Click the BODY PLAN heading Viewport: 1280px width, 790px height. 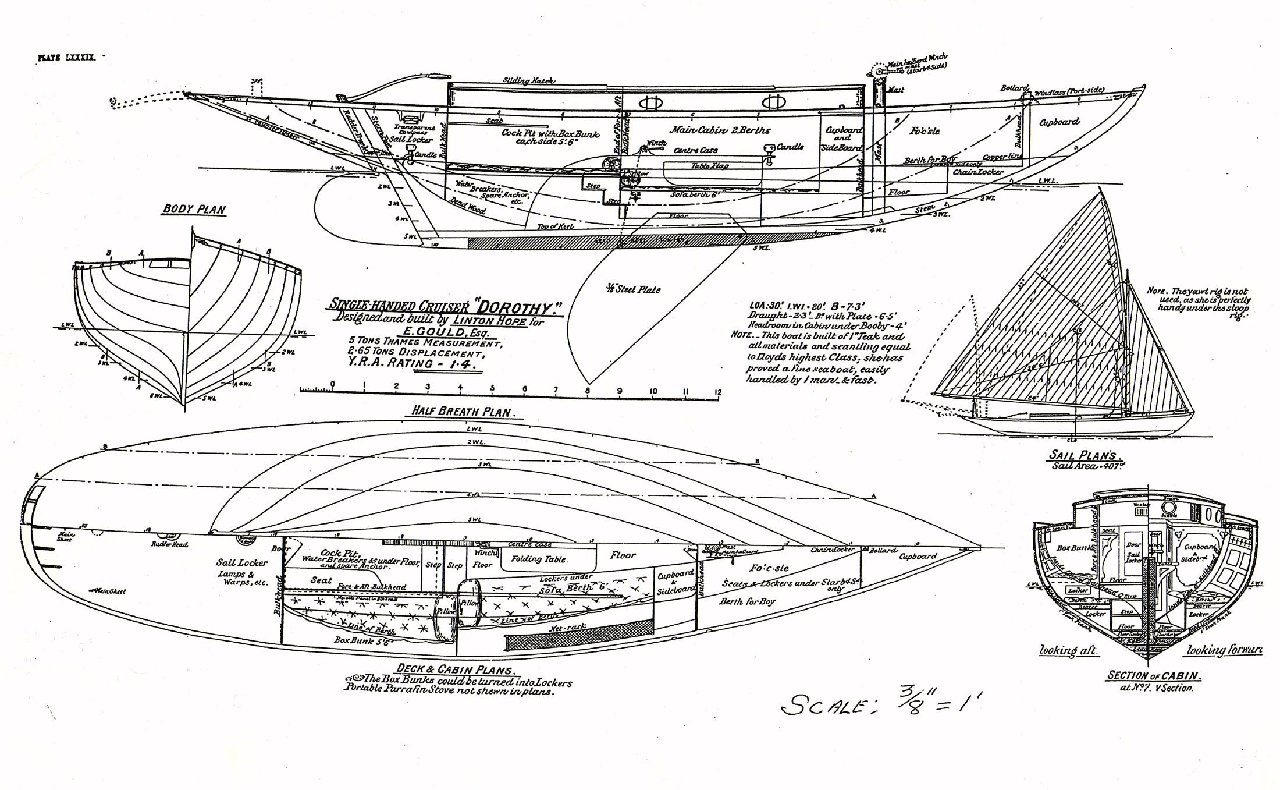pyautogui.click(x=194, y=210)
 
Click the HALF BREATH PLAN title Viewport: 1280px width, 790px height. pyautogui.click(x=461, y=411)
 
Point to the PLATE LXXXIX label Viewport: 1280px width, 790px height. pyautogui.click(x=66, y=58)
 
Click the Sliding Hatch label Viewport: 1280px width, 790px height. pyautogui.click(x=528, y=81)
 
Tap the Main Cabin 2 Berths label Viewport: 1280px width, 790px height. pyautogui.click(x=720, y=130)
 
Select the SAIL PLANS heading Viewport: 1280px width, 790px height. pyautogui.click(x=1086, y=456)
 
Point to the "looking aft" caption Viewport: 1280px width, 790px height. pyautogui.click(x=1068, y=650)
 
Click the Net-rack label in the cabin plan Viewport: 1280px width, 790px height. pyautogui.click(x=567, y=629)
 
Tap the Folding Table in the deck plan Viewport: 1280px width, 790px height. pyautogui.click(x=538, y=559)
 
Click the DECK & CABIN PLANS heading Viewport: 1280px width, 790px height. pyautogui.click(x=456, y=669)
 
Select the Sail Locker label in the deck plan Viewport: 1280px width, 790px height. pyautogui.click(x=241, y=562)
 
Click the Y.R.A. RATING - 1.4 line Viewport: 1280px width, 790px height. pyautogui.click(x=415, y=363)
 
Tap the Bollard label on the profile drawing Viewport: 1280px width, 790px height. pyautogui.click(x=1015, y=88)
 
